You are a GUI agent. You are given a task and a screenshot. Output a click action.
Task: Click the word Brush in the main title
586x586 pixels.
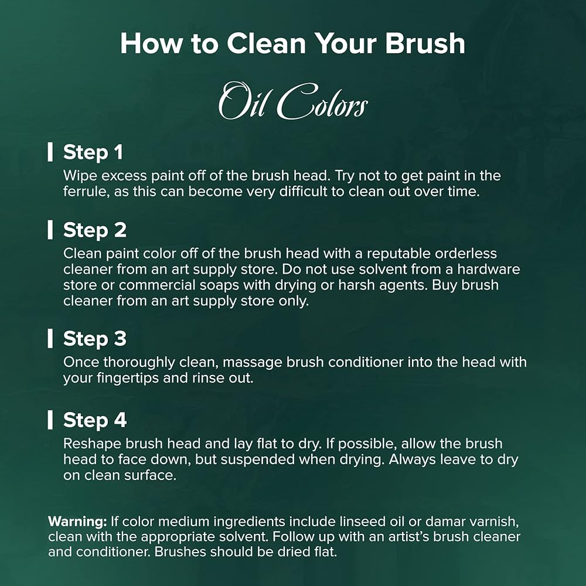425,43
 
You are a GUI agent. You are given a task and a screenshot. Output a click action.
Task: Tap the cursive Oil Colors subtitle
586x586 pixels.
293,101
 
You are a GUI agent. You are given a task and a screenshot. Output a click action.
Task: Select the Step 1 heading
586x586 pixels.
93,152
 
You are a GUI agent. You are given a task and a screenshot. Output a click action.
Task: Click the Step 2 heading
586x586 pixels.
95,230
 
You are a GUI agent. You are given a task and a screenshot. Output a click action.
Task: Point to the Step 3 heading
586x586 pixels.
95,339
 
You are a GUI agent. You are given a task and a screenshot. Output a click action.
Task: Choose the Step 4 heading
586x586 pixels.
95,420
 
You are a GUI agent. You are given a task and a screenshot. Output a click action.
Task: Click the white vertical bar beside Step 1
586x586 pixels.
50,152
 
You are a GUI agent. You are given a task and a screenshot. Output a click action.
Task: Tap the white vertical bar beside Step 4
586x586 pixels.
50,420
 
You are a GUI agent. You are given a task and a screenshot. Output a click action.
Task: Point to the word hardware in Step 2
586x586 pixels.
489,269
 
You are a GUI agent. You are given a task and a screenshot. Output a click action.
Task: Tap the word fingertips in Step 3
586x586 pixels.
128,378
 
